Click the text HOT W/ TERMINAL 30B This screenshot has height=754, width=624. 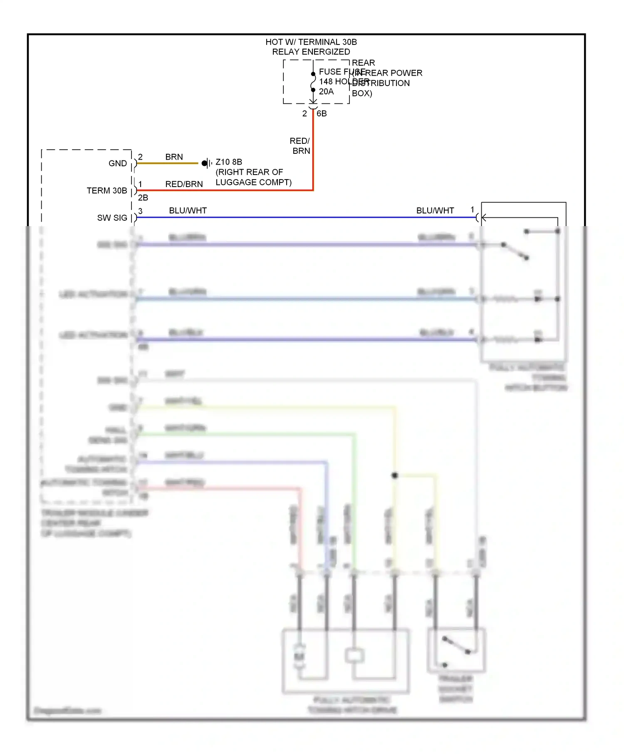click(311, 42)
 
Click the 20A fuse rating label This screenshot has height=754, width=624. click(326, 91)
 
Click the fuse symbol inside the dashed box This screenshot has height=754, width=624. click(313, 82)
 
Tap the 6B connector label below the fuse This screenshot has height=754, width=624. click(322, 113)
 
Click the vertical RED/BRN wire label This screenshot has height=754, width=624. click(300, 146)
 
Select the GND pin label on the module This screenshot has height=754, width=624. click(118, 163)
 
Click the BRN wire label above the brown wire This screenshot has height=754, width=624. click(174, 157)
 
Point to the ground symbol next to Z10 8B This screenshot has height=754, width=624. click(206, 163)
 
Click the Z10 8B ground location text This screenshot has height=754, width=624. click(229, 162)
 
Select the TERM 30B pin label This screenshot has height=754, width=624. click(107, 190)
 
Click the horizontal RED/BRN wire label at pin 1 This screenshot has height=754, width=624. click(184, 184)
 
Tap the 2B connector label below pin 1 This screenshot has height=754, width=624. click(143, 198)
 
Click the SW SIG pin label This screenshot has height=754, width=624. click(112, 218)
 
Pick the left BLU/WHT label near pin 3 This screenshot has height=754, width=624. click(188, 211)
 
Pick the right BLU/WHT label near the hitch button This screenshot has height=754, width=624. click(435, 211)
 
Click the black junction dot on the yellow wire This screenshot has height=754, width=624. click(395, 475)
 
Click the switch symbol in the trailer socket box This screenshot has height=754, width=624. click(456, 646)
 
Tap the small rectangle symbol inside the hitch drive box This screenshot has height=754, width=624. click(354, 656)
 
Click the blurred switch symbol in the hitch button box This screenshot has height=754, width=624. click(515, 251)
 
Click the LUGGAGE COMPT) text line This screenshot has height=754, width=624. click(253, 182)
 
